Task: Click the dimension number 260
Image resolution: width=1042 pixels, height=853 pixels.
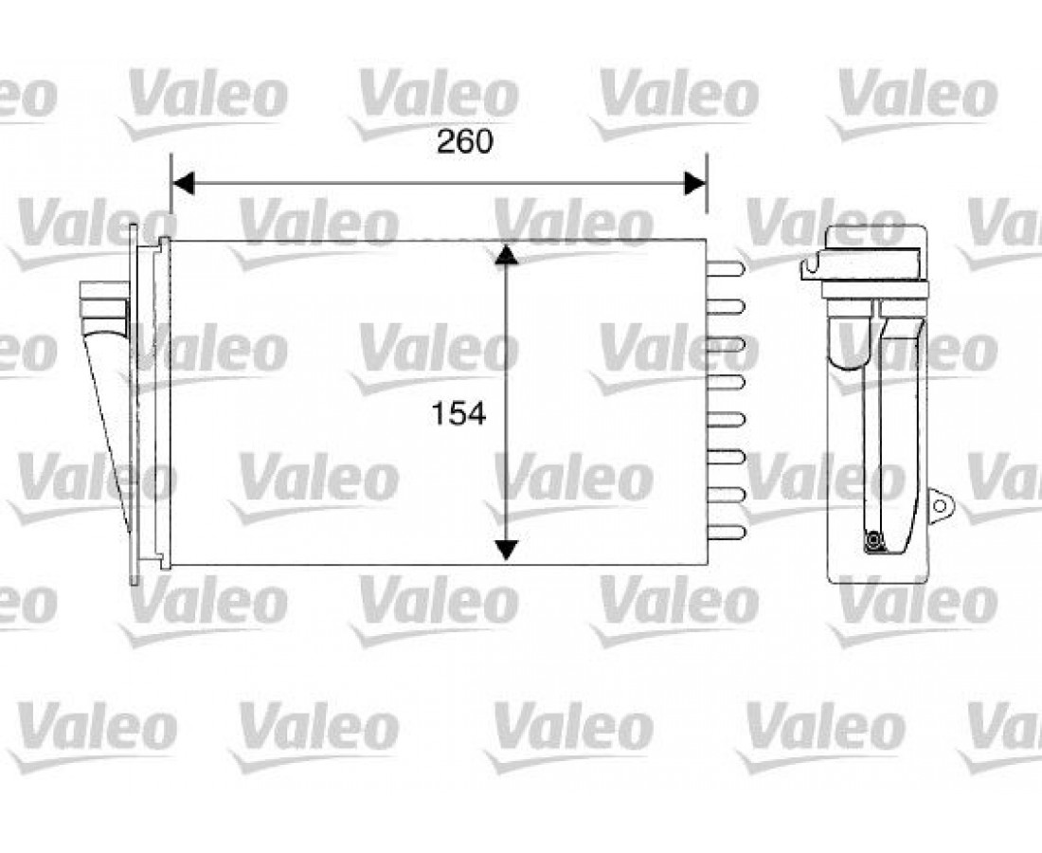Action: point(464,141)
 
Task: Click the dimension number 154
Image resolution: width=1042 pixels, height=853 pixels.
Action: point(458,413)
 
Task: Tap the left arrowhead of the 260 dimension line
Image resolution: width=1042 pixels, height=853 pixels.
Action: point(183,183)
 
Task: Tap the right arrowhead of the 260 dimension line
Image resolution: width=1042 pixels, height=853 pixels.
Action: point(696,183)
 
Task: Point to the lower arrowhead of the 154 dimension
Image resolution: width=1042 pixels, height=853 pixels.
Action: point(507,550)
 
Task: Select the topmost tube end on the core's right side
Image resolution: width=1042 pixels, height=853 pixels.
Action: point(726,268)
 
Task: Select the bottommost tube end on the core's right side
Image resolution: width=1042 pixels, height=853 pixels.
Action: point(726,533)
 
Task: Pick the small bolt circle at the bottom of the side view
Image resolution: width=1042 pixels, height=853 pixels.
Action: point(872,542)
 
